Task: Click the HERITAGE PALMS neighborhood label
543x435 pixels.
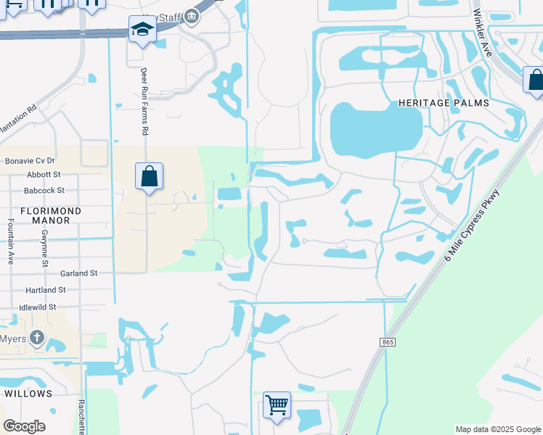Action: click(444, 104)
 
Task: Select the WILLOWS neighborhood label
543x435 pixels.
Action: click(28, 393)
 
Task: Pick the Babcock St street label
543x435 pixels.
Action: click(44, 191)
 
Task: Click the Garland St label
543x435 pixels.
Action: click(78, 273)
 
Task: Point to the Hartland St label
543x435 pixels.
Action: click(45, 290)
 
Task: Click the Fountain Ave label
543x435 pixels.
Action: click(10, 242)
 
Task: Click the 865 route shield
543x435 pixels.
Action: click(387, 342)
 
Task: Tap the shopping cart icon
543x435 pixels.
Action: click(277, 405)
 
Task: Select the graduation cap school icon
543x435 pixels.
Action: click(142, 30)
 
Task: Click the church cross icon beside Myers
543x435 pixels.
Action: click(37, 337)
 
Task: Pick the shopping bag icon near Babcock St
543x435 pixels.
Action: click(149, 176)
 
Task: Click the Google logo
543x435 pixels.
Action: click(25, 426)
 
